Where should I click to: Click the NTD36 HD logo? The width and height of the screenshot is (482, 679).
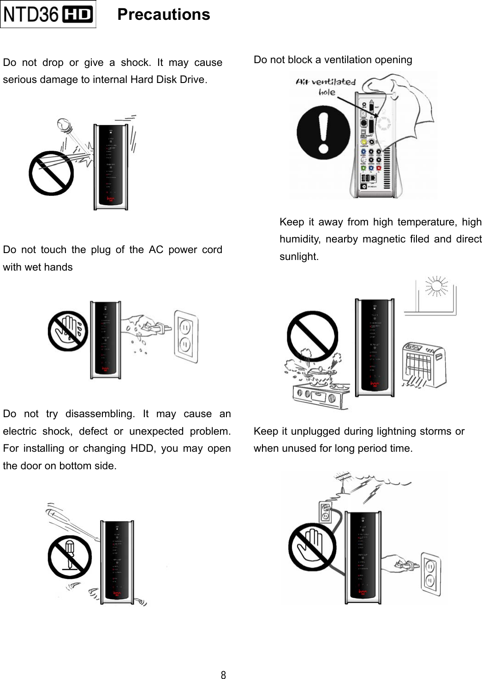click(x=48, y=14)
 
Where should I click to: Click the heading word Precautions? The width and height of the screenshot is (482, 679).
click(x=164, y=15)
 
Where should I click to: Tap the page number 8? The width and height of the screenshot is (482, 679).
click(x=223, y=675)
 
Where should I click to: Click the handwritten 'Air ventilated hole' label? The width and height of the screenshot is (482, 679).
click(x=326, y=86)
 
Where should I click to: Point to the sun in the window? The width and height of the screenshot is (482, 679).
click(x=437, y=287)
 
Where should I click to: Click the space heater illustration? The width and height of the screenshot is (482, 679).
click(x=424, y=365)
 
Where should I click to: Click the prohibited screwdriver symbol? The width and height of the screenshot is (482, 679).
click(x=70, y=557)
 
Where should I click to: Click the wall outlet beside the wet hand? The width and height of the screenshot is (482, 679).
click(x=186, y=336)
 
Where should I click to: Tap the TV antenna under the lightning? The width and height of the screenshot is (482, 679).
click(x=343, y=480)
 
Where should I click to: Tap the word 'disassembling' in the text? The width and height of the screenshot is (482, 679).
click(x=100, y=414)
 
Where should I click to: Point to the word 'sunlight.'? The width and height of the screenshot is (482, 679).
click(x=299, y=257)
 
